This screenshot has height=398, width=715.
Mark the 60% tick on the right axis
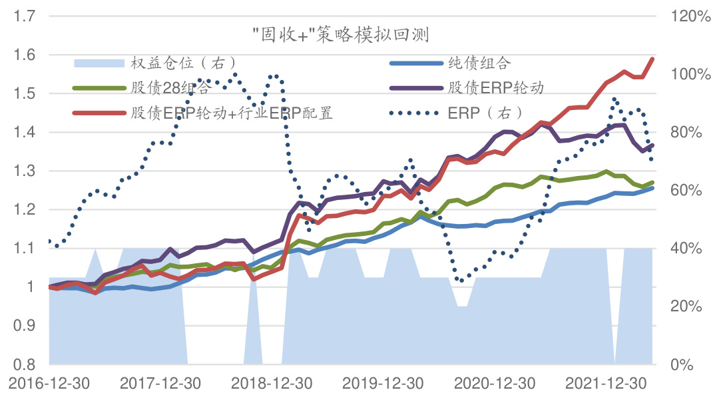(x=685, y=190)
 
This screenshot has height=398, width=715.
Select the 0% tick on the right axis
(x=682, y=365)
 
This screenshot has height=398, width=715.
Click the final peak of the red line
(x=652, y=59)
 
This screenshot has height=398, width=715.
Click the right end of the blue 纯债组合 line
(x=652, y=188)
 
